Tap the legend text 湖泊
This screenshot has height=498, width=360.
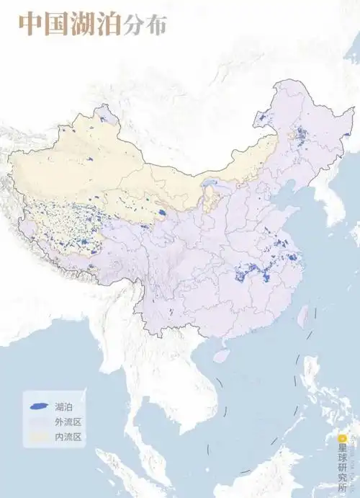pos(63,407)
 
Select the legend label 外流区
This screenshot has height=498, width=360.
pos(68,422)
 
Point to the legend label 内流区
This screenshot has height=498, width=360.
pos(68,437)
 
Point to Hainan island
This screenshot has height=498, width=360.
pos(222,355)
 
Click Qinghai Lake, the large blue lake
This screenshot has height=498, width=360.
pos(162,213)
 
